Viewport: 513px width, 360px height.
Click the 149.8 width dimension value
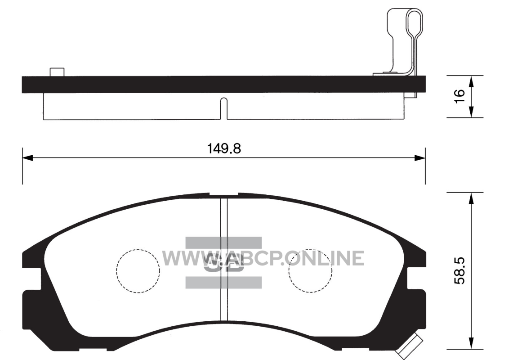pos(224,148)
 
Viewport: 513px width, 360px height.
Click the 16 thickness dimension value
pos(459,96)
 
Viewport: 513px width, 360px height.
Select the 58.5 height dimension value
pos(459,270)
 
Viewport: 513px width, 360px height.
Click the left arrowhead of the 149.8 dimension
pos(27,158)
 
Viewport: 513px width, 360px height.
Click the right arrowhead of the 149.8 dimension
pos(420,158)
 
